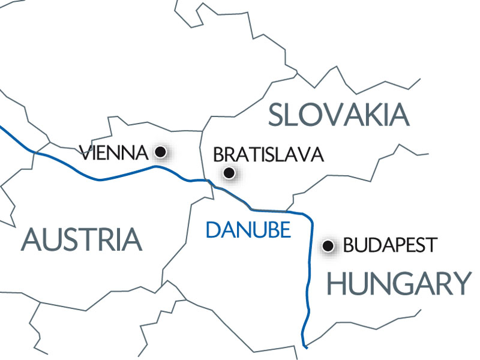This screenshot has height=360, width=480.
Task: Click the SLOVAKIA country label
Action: click(338, 115)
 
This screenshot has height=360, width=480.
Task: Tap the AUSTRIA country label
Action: click(82, 239)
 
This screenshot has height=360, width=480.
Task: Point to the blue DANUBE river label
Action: click(248, 230)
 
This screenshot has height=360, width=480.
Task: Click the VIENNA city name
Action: click(113, 153)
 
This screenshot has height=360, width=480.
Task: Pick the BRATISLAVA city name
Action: click(268, 155)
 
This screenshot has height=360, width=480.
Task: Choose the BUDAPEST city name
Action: click(390, 245)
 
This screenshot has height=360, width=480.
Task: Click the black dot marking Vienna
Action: click(160, 152)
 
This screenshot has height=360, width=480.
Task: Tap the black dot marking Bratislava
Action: click(228, 173)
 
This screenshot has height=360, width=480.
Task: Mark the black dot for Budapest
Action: click(328, 245)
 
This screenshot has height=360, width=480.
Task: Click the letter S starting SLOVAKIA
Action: click(278, 115)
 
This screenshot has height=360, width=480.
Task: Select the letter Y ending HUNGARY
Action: click(460, 283)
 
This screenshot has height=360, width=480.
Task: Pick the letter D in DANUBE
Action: click(212, 230)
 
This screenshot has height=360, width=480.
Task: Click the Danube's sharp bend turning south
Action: click(308, 217)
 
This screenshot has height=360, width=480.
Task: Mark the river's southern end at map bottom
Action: click(305, 346)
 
